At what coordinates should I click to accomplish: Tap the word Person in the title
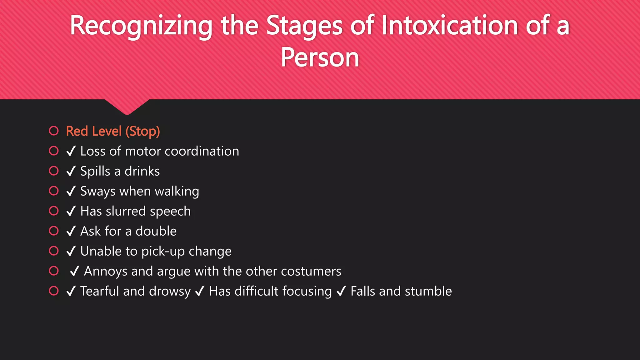tap(320, 57)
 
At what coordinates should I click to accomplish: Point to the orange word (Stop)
tap(143, 131)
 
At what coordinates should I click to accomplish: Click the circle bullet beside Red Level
tap(54, 131)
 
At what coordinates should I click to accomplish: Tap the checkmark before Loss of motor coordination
tap(71, 151)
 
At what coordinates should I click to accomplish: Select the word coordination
tap(202, 151)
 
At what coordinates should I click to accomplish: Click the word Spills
tap(95, 171)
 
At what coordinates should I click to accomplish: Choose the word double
tap(156, 231)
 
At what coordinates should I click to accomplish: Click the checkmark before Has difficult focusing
tap(200, 291)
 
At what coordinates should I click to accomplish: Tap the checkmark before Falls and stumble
tap(341, 291)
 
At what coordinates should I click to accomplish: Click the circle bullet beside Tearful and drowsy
tap(54, 291)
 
